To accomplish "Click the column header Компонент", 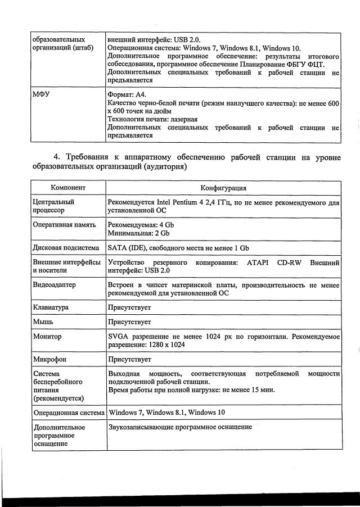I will click(68, 188).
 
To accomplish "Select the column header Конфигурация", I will click(223, 188).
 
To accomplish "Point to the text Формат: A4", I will click(127, 95).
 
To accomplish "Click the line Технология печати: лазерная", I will click(152, 120).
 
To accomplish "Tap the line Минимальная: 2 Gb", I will click(138, 233).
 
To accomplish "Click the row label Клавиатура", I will click(51, 308).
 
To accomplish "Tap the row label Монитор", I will click(47, 336).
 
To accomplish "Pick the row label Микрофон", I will click(49, 359).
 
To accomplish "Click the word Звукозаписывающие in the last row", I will click(143, 427).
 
